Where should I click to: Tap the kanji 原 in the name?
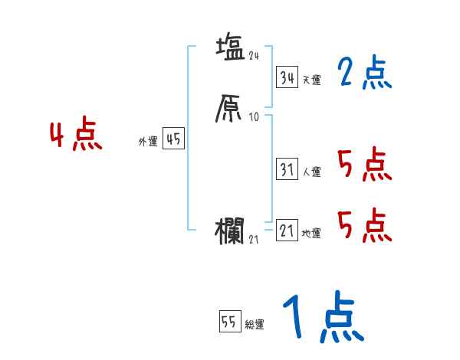230,110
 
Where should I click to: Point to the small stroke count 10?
255,117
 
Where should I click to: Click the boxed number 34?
287,78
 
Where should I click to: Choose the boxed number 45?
173,139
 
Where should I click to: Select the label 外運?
147,142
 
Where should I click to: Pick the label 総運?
255,325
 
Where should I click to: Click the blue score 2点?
364,74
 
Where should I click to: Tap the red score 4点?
75,136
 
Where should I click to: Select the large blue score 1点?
323,318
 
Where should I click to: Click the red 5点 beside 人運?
364,164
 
